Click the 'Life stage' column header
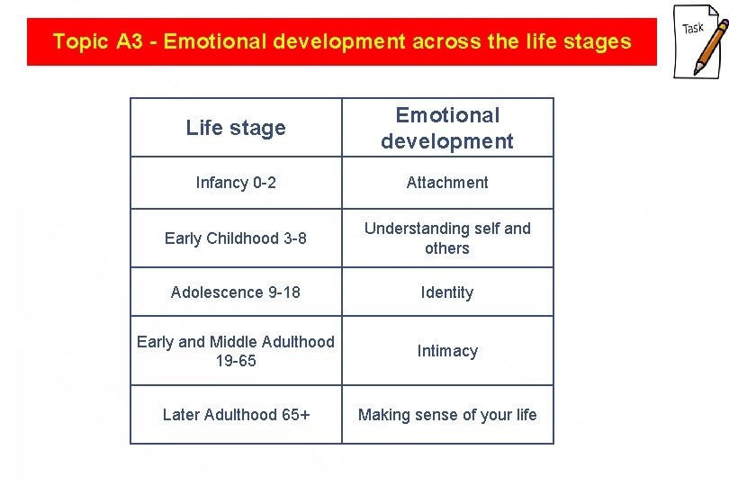coord(236,128)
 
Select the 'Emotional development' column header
coord(447,128)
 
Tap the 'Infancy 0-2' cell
coord(236,183)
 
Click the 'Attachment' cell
coord(447,183)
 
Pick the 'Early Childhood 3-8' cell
coord(236,238)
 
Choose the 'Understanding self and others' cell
coord(447,238)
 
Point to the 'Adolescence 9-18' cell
coord(236,292)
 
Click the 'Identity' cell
coord(447,292)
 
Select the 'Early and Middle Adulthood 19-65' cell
coord(236,351)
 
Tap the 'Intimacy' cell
coord(447,351)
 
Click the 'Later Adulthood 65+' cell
coord(236,415)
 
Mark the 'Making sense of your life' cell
coord(447,415)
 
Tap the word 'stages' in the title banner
coord(599,41)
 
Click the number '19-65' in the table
coord(236,361)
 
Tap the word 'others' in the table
coord(447,248)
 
